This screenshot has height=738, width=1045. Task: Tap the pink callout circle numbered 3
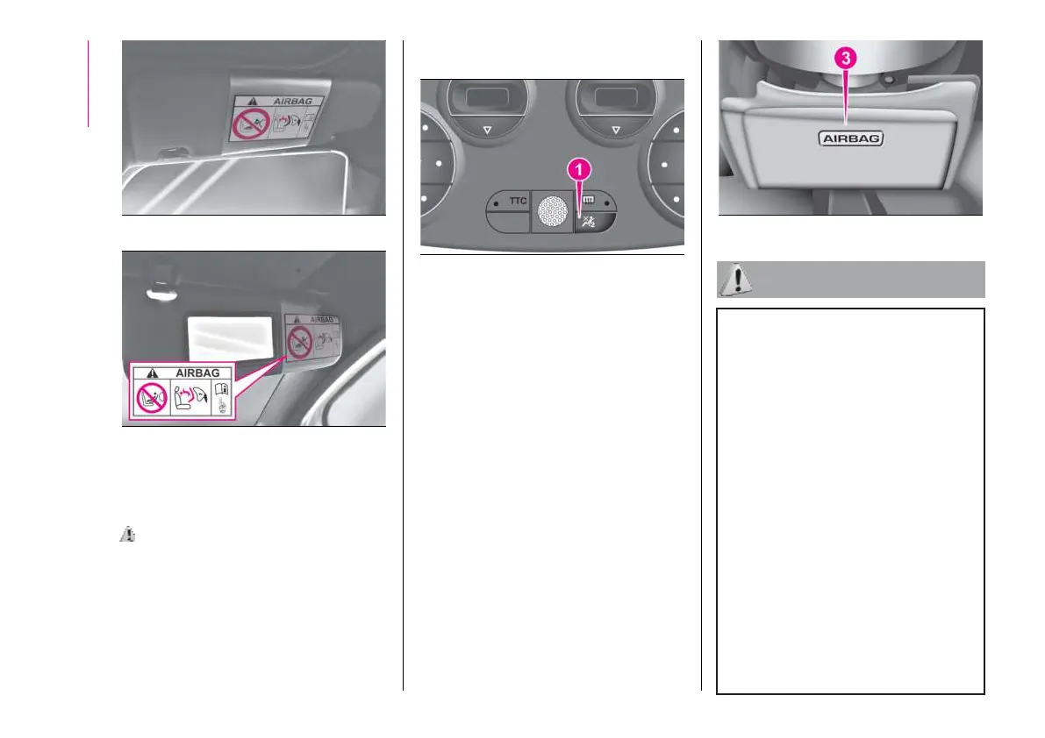coord(846,58)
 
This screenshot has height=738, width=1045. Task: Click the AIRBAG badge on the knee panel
coord(850,138)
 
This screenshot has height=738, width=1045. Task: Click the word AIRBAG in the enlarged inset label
coord(199,372)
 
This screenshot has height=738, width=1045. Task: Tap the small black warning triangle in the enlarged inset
coord(140,373)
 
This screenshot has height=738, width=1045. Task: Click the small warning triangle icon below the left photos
coord(126,533)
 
